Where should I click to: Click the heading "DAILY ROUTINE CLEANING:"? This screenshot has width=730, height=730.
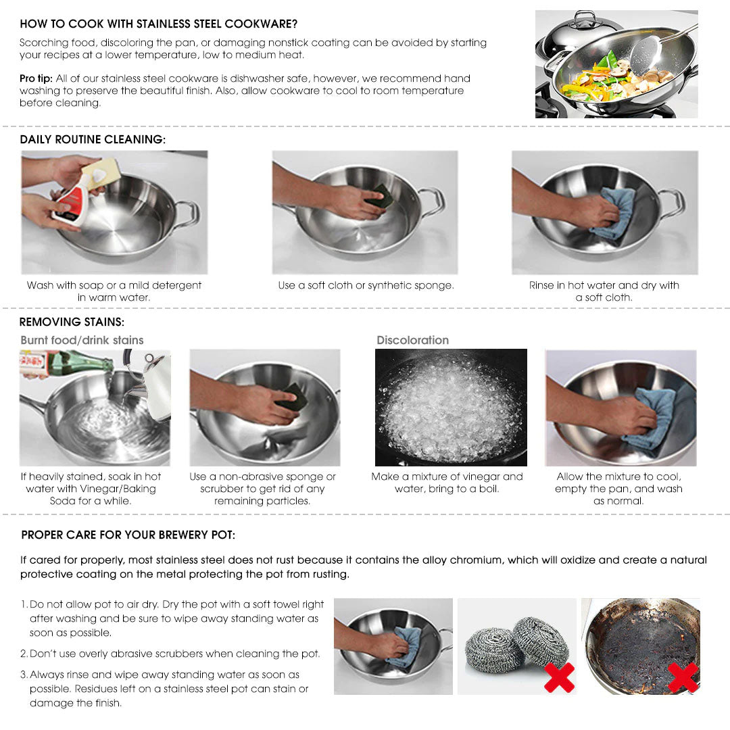[93, 139]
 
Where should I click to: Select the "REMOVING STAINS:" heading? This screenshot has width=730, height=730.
[72, 322]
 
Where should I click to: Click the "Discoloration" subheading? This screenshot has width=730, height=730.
[412, 340]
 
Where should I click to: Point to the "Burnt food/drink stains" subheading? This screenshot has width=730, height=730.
[82, 340]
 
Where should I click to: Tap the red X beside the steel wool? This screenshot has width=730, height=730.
[559, 677]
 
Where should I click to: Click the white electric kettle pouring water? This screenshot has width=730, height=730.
[153, 383]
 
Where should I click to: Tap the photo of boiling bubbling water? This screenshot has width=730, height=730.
[451, 407]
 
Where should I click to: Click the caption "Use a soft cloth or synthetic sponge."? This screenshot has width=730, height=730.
[366, 285]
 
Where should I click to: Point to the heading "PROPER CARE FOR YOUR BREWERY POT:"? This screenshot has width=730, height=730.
[128, 535]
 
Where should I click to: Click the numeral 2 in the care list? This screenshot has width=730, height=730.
[24, 654]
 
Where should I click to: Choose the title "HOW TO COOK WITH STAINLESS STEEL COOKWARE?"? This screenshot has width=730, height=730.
[158, 24]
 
